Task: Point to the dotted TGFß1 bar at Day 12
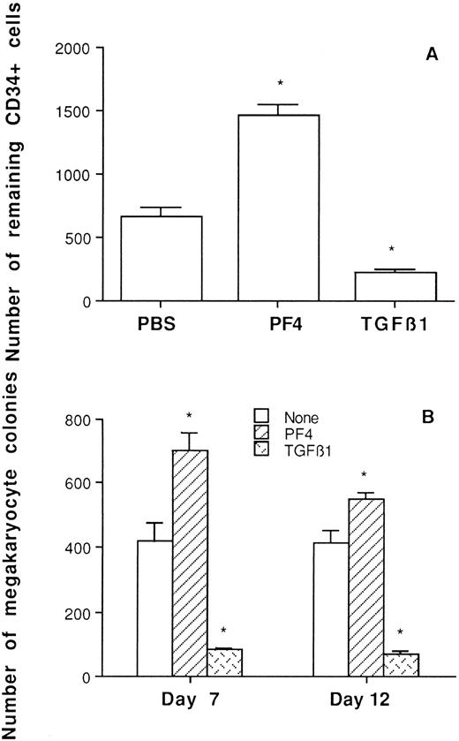[x=402, y=665]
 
